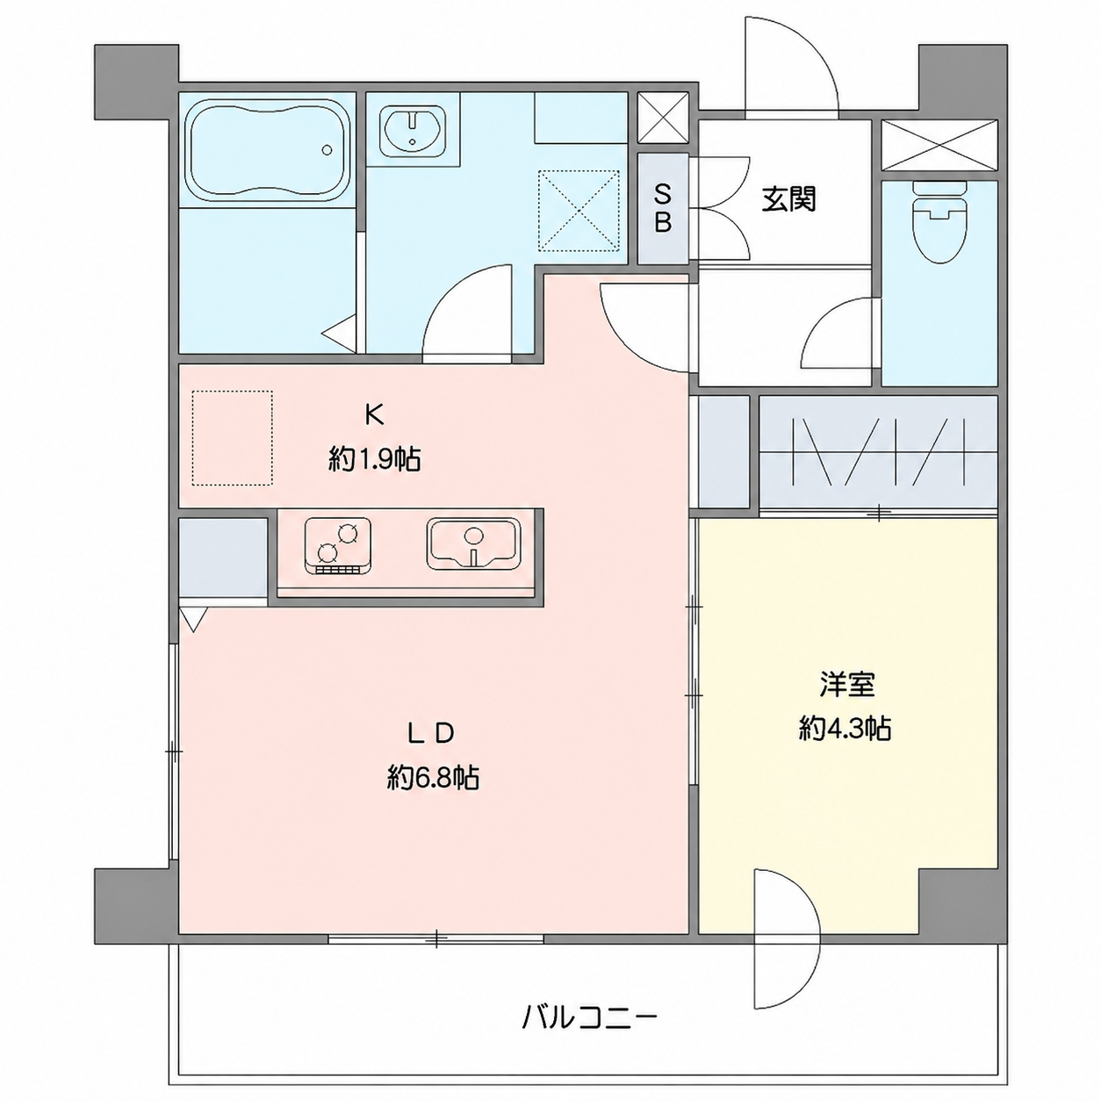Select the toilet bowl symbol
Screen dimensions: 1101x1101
pyautogui.click(x=939, y=223)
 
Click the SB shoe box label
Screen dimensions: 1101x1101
pyautogui.click(x=662, y=209)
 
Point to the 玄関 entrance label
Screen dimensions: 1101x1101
pyautogui.click(x=788, y=199)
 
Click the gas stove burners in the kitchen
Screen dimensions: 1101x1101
pyautogui.click(x=338, y=545)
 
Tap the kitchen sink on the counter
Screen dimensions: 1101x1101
pyautogui.click(x=473, y=543)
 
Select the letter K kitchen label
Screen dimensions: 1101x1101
pyautogui.click(x=374, y=415)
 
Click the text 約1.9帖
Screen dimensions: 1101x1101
pyautogui.click(x=374, y=459)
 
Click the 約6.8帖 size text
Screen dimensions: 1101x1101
pyautogui.click(x=433, y=778)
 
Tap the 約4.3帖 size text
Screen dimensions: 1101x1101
pyautogui.click(x=845, y=730)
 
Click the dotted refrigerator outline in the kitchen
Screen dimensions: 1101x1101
pyautogui.click(x=232, y=438)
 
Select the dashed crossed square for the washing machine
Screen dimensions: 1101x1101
pyautogui.click(x=579, y=210)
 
